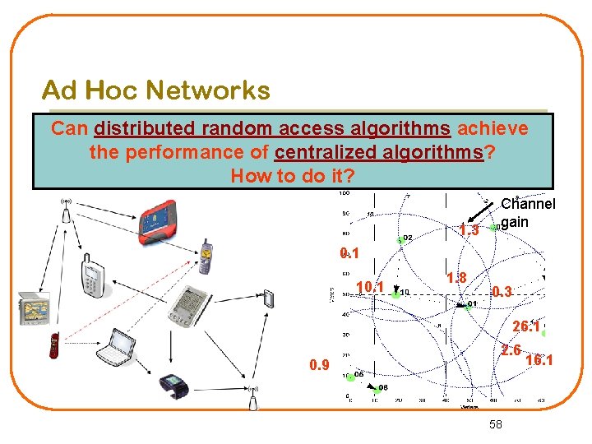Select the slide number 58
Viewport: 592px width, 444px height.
[x=495, y=423]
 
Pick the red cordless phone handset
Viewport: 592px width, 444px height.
[x=54, y=345]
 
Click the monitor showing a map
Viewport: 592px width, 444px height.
[x=34, y=307]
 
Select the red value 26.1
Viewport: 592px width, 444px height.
[x=525, y=326]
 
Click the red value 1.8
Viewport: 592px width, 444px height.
[x=456, y=278]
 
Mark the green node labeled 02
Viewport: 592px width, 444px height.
[x=400, y=239]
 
